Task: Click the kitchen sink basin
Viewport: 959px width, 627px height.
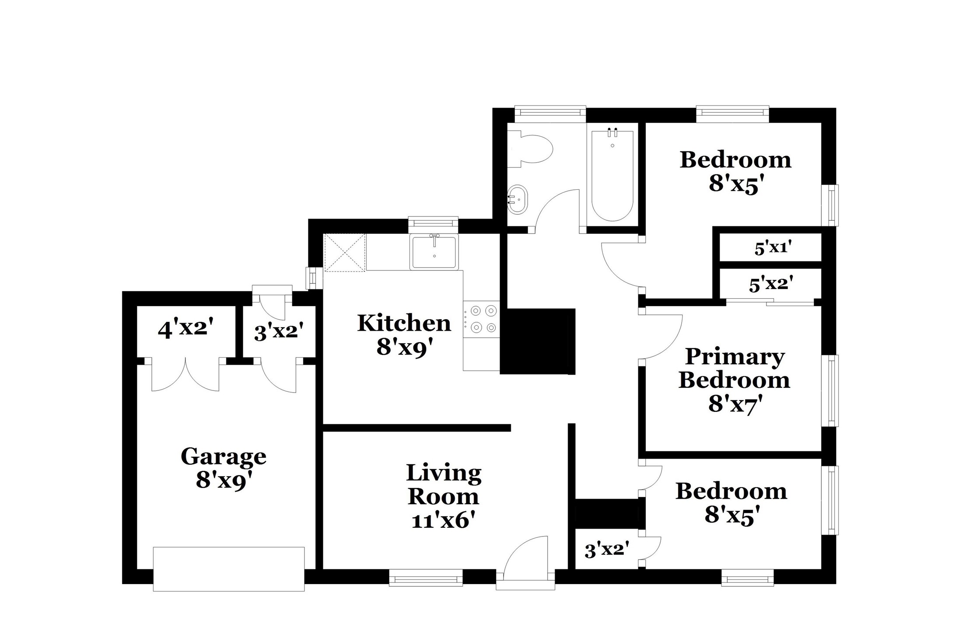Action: pos(434,252)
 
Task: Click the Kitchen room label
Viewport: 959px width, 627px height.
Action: pos(404,324)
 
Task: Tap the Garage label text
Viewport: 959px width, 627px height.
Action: pos(224,457)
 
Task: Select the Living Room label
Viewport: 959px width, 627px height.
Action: pos(444,485)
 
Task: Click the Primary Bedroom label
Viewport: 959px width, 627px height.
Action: pos(735,368)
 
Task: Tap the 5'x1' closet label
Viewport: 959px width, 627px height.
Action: pos(773,248)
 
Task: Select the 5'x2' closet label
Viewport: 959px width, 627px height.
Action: pos(771,285)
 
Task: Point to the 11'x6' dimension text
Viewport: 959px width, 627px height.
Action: pos(443,521)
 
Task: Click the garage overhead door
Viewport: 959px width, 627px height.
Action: pos(228,569)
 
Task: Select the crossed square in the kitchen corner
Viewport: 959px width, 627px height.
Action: pos(345,253)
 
